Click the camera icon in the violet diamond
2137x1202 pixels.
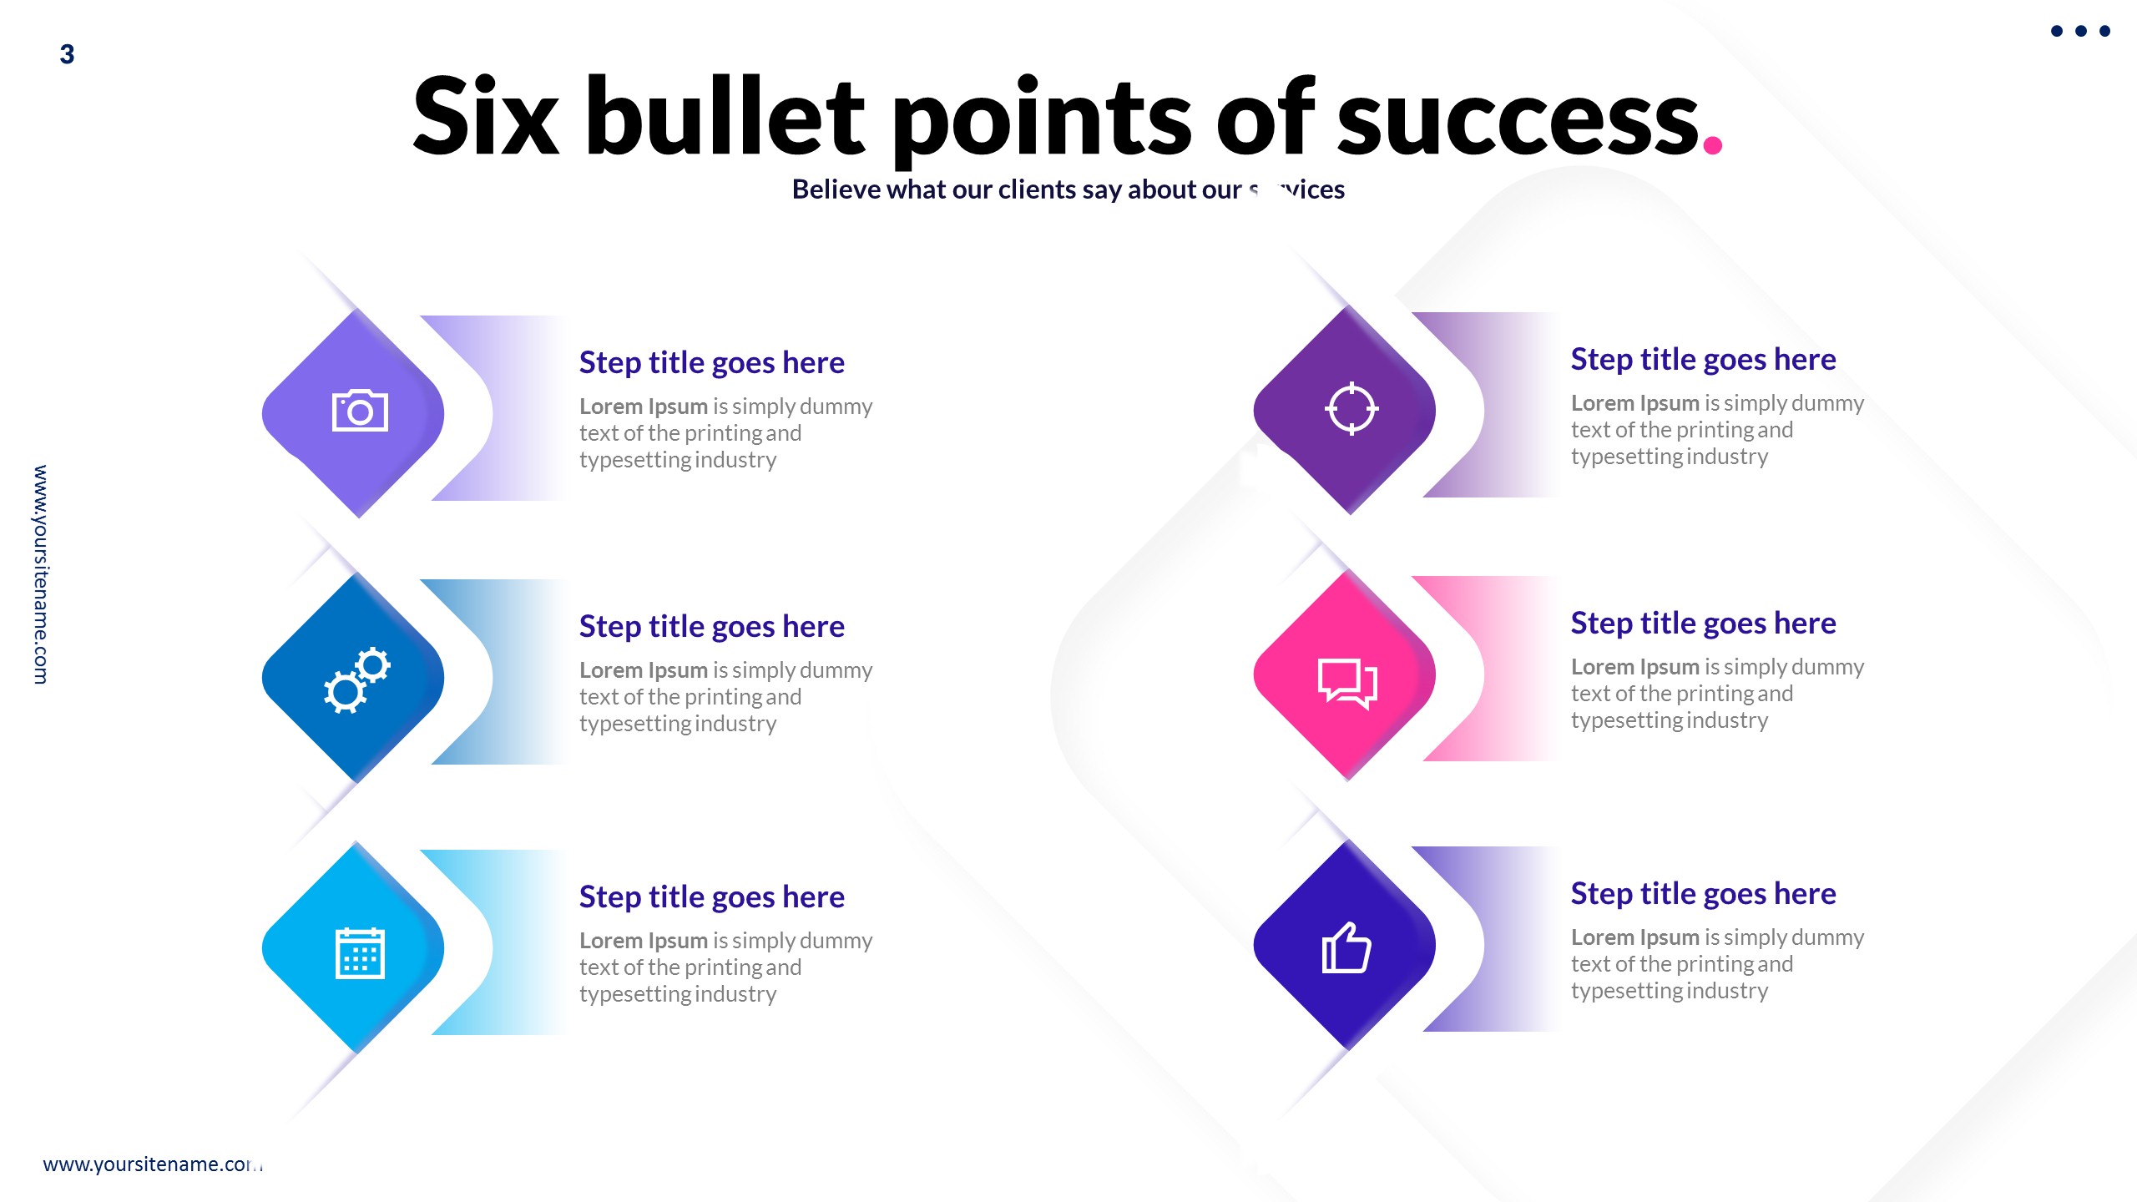(360, 411)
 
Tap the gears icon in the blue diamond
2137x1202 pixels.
(357, 679)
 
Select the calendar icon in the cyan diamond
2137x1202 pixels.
(360, 952)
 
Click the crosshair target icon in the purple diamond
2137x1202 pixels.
(1351, 409)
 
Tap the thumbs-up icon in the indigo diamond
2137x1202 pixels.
(1346, 948)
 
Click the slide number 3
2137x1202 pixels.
(68, 55)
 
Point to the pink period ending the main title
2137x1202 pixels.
(1712, 145)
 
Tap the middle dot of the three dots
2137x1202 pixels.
(2081, 32)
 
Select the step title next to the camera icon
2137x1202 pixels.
(711, 363)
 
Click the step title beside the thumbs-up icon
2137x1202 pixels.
(1703, 894)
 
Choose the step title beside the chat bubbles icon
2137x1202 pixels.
(1703, 624)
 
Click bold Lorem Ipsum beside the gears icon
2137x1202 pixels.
(643, 670)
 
